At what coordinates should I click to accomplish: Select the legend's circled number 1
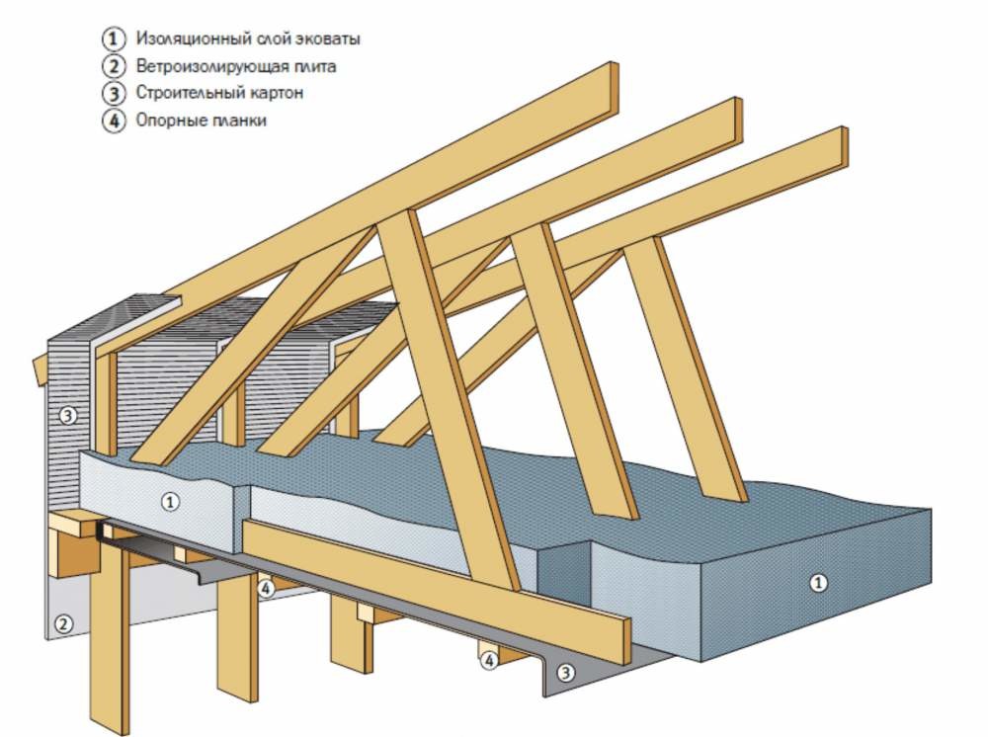click(x=114, y=40)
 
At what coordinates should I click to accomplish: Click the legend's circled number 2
click(x=114, y=66)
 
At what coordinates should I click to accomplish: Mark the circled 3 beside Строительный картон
click(x=114, y=93)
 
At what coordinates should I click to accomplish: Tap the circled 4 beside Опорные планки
click(x=114, y=121)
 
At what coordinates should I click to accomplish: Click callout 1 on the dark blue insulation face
click(x=818, y=583)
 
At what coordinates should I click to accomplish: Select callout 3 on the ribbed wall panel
click(x=68, y=415)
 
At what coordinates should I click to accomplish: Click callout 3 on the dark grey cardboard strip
click(x=565, y=673)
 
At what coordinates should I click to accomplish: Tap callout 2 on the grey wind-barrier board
click(x=63, y=624)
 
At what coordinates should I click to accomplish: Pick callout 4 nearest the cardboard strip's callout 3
click(x=489, y=661)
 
